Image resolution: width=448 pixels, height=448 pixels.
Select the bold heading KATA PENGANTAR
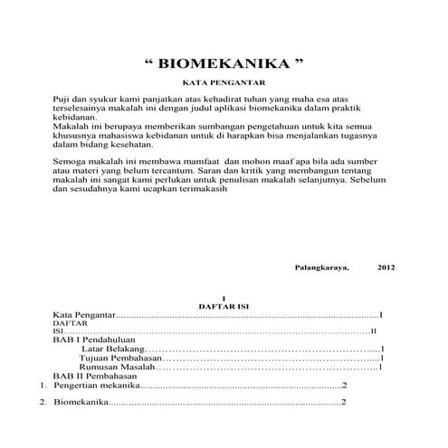[x=224, y=82]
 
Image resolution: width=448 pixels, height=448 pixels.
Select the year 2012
[x=386, y=268]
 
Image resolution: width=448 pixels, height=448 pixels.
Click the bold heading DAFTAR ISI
[x=223, y=307]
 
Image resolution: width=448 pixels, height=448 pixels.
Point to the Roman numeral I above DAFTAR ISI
[x=223, y=298]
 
